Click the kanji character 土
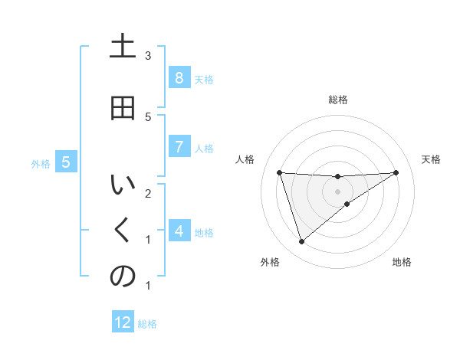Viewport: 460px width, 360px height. [123, 47]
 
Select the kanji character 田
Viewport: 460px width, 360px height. [123, 108]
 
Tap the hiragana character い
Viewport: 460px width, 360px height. [123, 186]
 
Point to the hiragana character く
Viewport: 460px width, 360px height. [123, 231]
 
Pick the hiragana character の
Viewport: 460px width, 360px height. [123, 277]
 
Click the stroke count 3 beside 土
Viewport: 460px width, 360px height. [148, 55]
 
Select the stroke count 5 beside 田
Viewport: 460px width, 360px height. [148, 116]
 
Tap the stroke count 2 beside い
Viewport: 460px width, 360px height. [148, 193]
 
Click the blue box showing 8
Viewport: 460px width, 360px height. [179, 78]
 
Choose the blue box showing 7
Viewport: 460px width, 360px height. [179, 147]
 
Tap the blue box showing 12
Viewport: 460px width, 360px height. [123, 322]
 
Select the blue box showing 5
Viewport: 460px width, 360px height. [66, 162]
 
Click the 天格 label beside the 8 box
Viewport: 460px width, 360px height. [204, 79]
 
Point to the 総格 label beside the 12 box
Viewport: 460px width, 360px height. [147, 324]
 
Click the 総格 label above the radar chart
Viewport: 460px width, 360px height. [338, 100]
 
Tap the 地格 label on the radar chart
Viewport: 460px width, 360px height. [402, 262]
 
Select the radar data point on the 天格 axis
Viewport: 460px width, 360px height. [396, 172]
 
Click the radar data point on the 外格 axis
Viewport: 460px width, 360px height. [301, 242]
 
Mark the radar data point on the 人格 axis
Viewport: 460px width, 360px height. [279, 172]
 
